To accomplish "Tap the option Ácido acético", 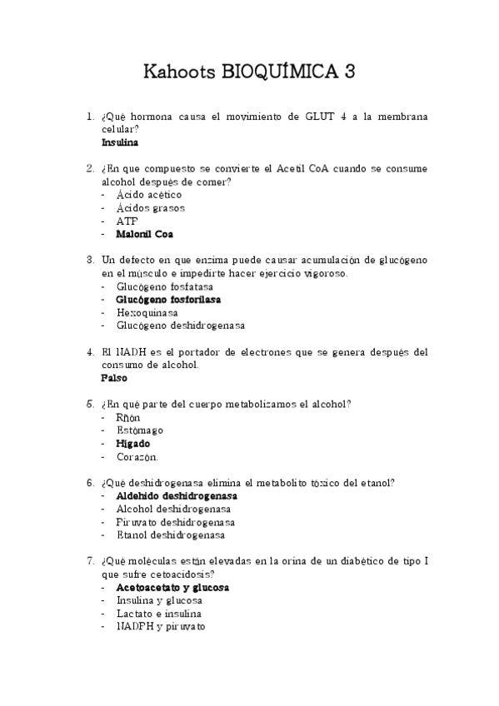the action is (x=149, y=195).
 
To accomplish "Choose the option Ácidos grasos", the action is (x=151, y=208).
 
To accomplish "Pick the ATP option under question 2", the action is (x=127, y=221).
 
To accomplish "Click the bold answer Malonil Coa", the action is (x=145, y=235).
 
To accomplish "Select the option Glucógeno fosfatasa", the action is (x=165, y=286).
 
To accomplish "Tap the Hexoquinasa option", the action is (x=147, y=312).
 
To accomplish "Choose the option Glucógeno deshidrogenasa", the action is (x=181, y=326).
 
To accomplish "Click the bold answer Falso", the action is (x=115, y=378).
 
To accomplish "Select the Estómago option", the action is (x=140, y=430).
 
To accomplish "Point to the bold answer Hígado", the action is (x=133, y=444).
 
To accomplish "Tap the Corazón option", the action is (x=137, y=457).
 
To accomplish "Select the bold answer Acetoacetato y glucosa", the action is (x=172, y=587).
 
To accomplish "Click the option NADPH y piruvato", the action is (x=161, y=626).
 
